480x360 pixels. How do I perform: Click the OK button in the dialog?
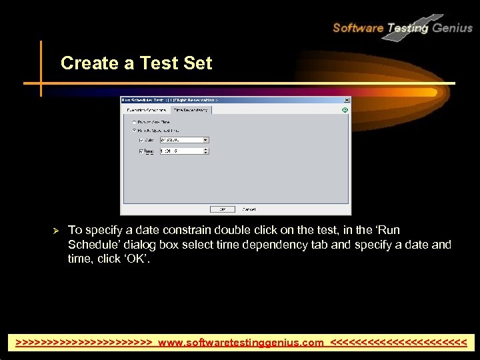[222, 209]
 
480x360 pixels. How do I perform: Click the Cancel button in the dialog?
[249, 209]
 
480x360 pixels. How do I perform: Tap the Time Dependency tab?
[191, 110]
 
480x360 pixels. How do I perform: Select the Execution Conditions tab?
[146, 110]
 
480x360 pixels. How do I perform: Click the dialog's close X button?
[347, 100]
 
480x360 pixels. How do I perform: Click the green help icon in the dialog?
[345, 110]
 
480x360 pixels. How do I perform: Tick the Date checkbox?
[141, 140]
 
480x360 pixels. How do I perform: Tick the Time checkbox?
[141, 151]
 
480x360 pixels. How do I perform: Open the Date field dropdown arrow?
[205, 140]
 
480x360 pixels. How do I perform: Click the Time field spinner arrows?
[205, 151]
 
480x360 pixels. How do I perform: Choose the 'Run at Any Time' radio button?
[135, 122]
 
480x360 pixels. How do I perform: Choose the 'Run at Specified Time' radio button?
[135, 131]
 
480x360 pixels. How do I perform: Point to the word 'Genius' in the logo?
[452, 27]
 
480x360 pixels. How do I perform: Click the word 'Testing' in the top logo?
[408, 27]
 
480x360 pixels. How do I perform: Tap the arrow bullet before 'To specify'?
[57, 231]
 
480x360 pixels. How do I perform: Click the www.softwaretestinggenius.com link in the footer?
[241, 343]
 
